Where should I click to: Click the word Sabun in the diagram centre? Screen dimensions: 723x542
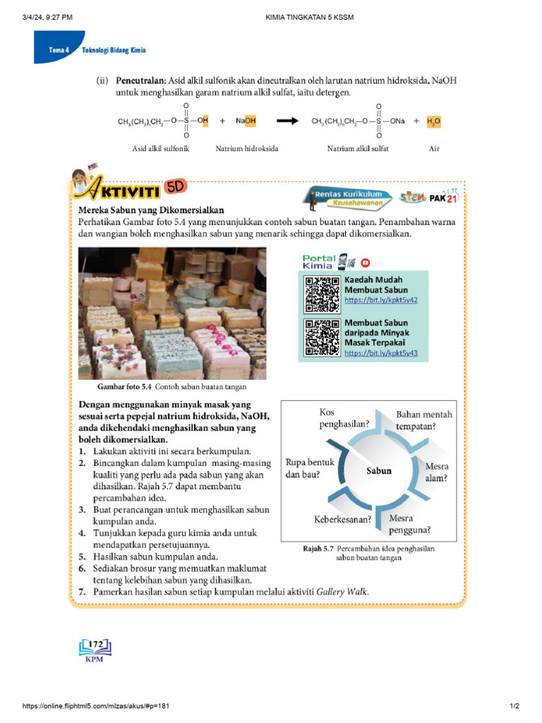(x=379, y=470)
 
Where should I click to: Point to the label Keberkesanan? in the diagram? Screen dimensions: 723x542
(x=343, y=520)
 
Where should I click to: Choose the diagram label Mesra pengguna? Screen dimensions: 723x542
(x=410, y=523)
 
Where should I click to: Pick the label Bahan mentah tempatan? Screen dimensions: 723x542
(x=424, y=421)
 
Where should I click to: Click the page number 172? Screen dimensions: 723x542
(x=96, y=643)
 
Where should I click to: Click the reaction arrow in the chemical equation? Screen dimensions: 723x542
(x=287, y=121)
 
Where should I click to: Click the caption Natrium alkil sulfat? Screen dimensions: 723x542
(x=358, y=149)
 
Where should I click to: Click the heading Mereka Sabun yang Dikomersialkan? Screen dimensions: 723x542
(x=151, y=210)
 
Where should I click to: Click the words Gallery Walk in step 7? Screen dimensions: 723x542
(x=342, y=592)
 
